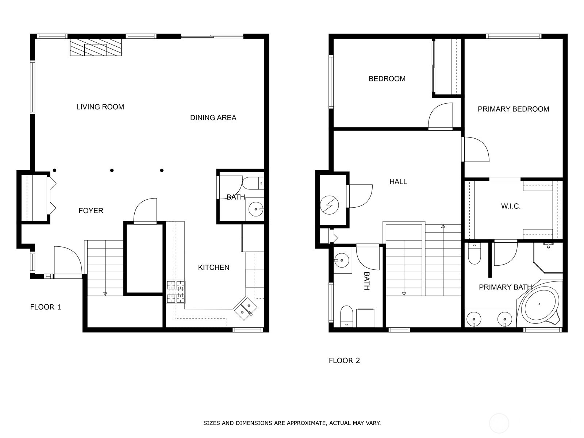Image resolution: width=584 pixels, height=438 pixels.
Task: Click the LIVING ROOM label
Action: click(x=100, y=107)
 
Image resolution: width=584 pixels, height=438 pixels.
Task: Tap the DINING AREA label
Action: click(x=213, y=118)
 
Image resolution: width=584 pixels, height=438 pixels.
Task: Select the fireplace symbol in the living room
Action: click(x=96, y=47)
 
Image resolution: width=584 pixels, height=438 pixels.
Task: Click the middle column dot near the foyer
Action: click(x=112, y=170)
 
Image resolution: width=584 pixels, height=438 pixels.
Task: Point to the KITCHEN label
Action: click(x=214, y=268)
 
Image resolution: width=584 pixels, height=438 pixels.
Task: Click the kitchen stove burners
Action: click(x=176, y=292)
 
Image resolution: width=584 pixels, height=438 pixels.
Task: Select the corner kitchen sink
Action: click(x=245, y=309)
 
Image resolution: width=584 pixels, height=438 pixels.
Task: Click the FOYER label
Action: click(x=91, y=211)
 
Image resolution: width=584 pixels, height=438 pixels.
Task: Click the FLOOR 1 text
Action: click(x=46, y=307)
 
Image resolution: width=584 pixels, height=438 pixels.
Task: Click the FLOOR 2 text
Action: click(x=344, y=361)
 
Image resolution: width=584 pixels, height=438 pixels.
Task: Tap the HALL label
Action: click(x=398, y=181)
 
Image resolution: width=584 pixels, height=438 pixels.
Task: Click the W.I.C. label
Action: click(x=511, y=206)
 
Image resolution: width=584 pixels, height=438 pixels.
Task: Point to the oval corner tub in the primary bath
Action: click(x=540, y=304)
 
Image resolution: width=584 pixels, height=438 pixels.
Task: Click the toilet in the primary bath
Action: click(x=474, y=254)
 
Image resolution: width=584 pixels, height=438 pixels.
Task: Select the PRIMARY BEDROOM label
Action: click(x=513, y=109)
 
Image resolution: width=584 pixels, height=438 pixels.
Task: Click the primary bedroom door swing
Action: click(x=475, y=150)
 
